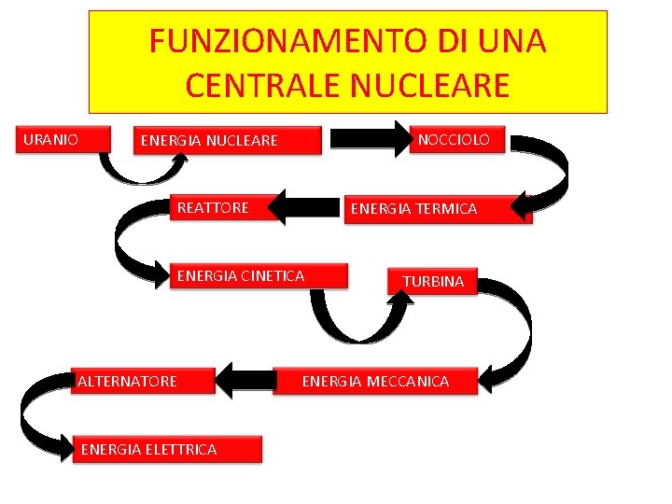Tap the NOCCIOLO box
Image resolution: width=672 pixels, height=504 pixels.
[459, 140]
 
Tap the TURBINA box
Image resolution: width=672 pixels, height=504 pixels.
[432, 281]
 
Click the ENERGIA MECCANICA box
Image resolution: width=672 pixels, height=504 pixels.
[375, 381]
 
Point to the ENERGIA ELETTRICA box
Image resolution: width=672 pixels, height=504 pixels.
[167, 449]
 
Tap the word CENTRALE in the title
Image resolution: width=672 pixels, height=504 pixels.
[264, 86]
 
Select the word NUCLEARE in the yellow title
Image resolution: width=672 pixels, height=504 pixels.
[431, 86]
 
